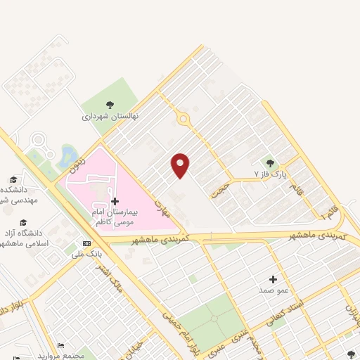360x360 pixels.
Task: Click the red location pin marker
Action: [x=181, y=165]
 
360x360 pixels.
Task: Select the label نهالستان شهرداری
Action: [x=110, y=115]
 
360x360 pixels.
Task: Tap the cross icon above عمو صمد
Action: [x=273, y=279]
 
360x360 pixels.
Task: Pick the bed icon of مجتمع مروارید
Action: [x=61, y=346]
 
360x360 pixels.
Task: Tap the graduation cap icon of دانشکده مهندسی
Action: [x=13, y=179]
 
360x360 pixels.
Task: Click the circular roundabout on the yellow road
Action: [x=184, y=120]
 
